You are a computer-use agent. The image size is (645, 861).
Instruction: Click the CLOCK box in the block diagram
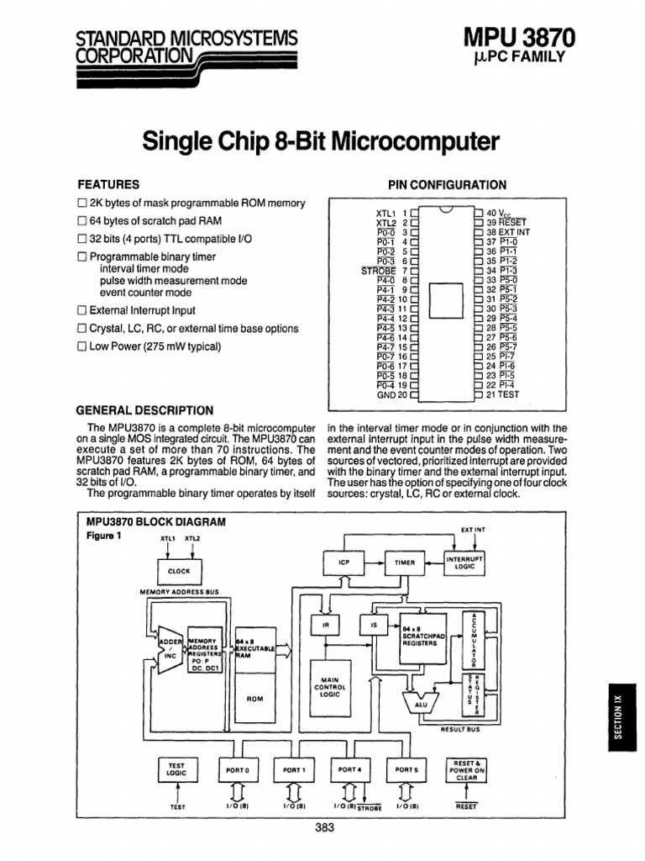tap(179, 571)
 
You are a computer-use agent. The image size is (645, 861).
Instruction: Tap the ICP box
tap(343, 563)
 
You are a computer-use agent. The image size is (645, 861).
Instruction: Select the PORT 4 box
tap(349, 769)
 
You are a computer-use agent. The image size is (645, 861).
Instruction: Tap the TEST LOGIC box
tap(177, 769)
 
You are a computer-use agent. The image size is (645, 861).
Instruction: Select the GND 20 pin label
tap(391, 394)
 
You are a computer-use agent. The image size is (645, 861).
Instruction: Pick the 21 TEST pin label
tap(504, 394)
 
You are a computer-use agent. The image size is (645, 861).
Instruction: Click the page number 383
tap(323, 828)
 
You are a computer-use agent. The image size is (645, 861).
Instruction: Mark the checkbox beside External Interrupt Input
tap(82, 310)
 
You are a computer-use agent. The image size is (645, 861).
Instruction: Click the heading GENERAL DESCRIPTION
tap(144, 410)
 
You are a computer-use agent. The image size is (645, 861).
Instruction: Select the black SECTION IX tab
tap(618, 716)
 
